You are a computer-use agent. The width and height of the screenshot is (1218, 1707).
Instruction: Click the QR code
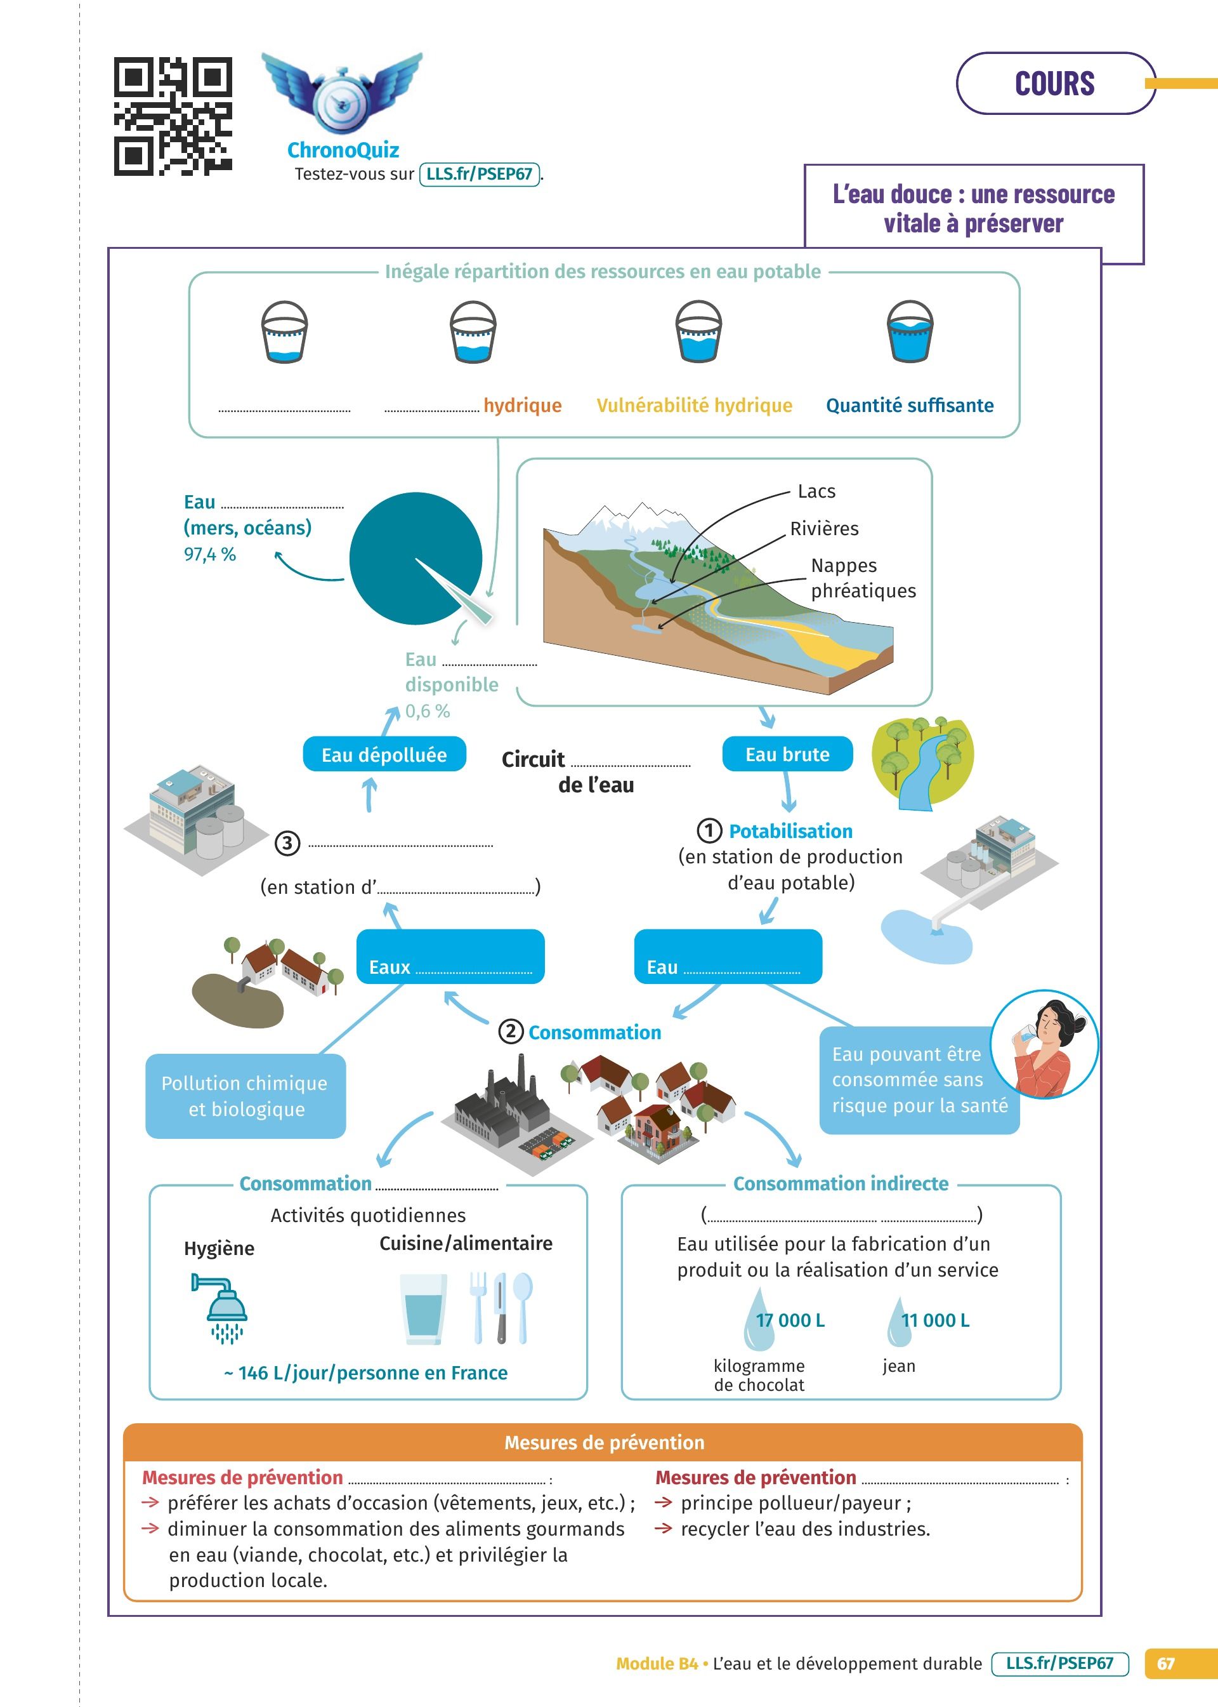click(x=173, y=116)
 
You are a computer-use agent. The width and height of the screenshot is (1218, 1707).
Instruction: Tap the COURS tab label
click(x=1054, y=83)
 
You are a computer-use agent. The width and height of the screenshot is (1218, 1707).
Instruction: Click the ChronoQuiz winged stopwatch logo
click(x=342, y=92)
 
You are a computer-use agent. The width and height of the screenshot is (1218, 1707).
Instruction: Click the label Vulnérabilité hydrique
click(x=694, y=405)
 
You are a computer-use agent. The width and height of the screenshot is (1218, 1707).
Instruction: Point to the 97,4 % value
click(x=210, y=554)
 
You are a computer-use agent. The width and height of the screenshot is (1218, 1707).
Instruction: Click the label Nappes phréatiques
click(x=863, y=578)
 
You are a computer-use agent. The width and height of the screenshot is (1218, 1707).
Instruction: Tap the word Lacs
click(x=816, y=491)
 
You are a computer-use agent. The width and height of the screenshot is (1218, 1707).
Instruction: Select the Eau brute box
click(x=787, y=754)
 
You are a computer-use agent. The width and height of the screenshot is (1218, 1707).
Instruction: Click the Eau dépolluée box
click(x=384, y=755)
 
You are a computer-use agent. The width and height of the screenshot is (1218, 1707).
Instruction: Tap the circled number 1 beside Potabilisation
click(x=709, y=830)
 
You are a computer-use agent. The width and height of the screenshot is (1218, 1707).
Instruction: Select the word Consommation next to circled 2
click(x=595, y=1032)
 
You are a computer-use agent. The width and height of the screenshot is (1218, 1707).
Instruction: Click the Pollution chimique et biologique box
click(x=246, y=1096)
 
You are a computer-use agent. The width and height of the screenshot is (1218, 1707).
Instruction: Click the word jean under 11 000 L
click(x=898, y=1365)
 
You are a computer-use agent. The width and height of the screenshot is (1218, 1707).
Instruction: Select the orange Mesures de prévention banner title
click(x=604, y=1442)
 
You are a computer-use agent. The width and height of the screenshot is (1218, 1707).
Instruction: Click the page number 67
click(x=1165, y=1663)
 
